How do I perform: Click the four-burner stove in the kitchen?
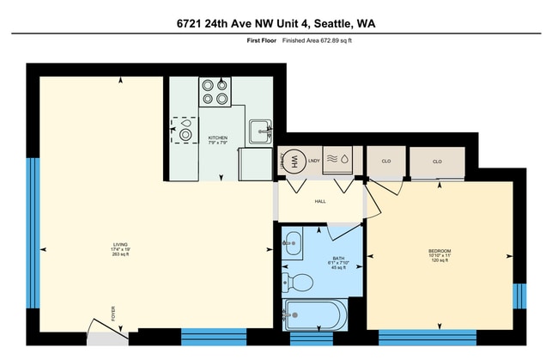tap(215, 91)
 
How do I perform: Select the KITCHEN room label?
tap(218, 138)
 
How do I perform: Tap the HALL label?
tap(320, 201)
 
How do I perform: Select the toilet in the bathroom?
tap(299, 280)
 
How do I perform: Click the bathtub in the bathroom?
tap(315, 315)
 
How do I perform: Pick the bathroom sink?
tap(293, 243)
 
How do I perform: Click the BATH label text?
tap(338, 257)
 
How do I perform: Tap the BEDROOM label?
tap(440, 252)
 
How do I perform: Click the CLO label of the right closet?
tap(437, 161)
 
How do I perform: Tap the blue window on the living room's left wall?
tap(33, 233)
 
